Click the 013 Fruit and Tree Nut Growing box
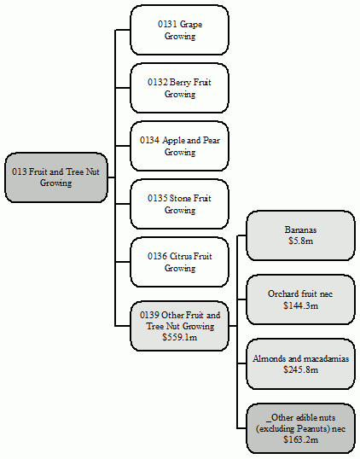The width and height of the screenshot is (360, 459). coord(56,177)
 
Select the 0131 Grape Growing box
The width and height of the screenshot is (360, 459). coord(179,30)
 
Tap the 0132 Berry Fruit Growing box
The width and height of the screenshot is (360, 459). coord(179,88)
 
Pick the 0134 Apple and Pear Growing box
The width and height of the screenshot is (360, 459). coord(179,146)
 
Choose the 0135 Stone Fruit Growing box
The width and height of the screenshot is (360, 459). coord(179,204)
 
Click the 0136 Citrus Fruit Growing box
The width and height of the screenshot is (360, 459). coord(179,262)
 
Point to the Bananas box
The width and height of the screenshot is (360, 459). coord(299,235)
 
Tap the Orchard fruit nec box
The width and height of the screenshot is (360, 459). coord(299,299)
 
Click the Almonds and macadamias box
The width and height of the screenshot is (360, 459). coord(299,364)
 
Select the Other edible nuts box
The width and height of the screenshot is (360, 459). coord(299,427)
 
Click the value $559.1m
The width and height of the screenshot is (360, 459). coord(179,337)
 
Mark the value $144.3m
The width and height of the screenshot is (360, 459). coord(299,305)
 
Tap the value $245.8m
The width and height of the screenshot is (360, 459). coord(299,370)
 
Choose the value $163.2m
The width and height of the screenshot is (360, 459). coord(299,439)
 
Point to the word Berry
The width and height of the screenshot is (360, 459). coord(181,82)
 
